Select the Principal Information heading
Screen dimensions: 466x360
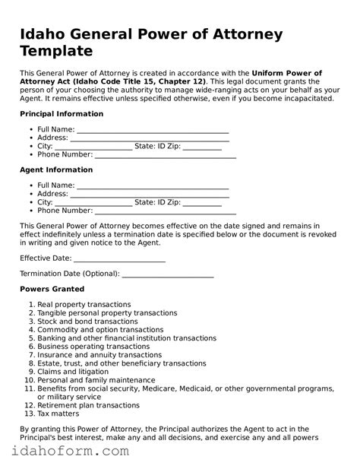coord(61,114)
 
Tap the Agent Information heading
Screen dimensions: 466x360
coord(56,170)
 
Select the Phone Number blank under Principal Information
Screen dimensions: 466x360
coord(166,156)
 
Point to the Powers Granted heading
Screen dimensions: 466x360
coord(52,290)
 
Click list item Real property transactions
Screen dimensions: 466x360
coord(84,304)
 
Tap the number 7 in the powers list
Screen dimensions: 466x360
coord(30,355)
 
